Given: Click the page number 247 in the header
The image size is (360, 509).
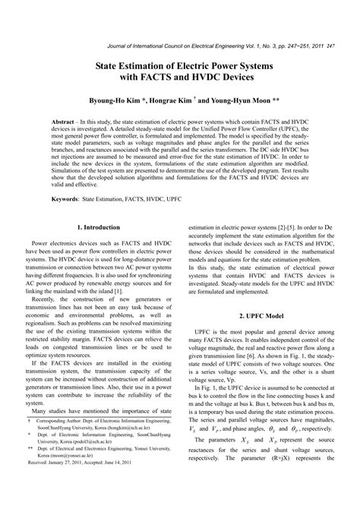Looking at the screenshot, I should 330,46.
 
